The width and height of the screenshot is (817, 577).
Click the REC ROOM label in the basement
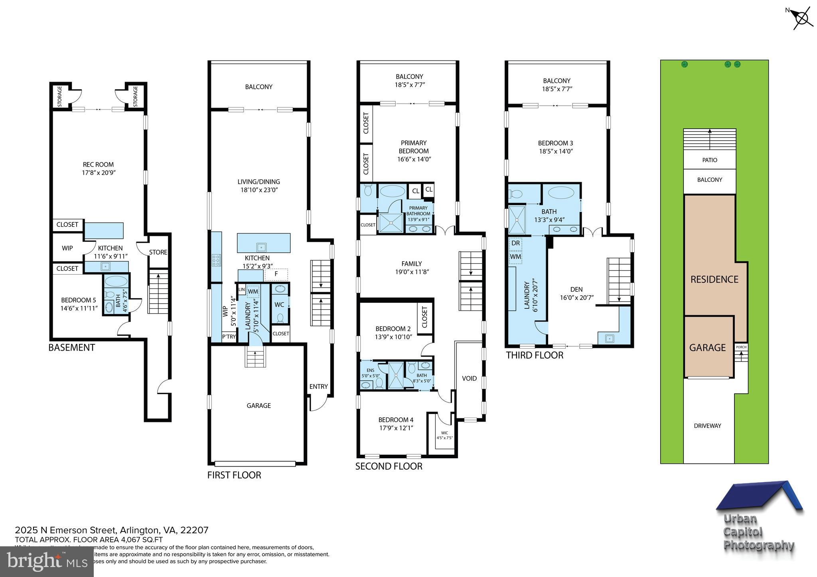pyautogui.click(x=98, y=164)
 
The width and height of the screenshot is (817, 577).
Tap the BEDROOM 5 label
pyautogui.click(x=79, y=300)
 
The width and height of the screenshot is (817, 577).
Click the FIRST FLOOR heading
pyautogui.click(x=234, y=475)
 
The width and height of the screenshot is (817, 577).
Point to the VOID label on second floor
pyautogui.click(x=469, y=378)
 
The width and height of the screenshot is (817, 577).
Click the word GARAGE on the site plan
pyautogui.click(x=707, y=347)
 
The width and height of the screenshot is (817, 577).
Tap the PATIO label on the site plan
pyautogui.click(x=709, y=160)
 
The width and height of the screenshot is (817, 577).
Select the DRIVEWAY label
pyautogui.click(x=707, y=426)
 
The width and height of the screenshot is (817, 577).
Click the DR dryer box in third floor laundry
pyautogui.click(x=515, y=243)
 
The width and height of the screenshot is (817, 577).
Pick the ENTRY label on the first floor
pyautogui.click(x=318, y=386)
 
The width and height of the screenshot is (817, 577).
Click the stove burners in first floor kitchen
pyautogui.click(x=216, y=260)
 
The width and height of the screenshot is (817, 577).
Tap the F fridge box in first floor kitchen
pyautogui.click(x=276, y=274)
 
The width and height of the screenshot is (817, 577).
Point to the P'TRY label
pyautogui.click(x=229, y=337)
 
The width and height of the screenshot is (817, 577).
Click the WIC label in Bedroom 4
pyautogui.click(x=444, y=433)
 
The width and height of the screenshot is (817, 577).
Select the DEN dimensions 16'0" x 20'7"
pyautogui.click(x=576, y=297)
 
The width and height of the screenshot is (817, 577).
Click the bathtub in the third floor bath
pyautogui.click(x=561, y=193)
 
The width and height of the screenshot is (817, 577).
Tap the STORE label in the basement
pyautogui.click(x=158, y=252)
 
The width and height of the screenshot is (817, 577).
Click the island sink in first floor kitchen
pyautogui.click(x=261, y=246)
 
